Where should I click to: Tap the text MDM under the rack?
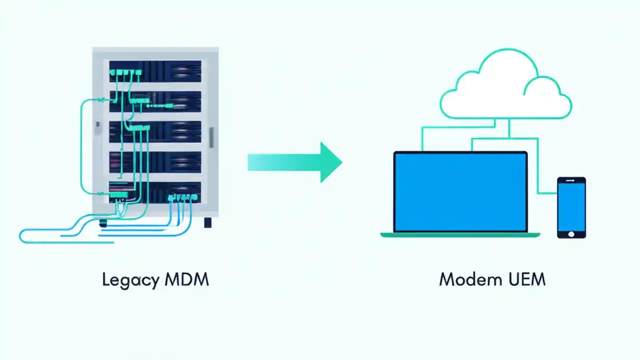pos(186,279)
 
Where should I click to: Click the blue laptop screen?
pos(460,192)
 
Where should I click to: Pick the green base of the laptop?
pos(460,234)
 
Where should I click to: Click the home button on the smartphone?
pos(571,233)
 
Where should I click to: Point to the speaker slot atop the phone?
pos(571,179)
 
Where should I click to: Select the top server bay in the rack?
pos(155,71)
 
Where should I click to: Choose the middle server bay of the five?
pos(155,132)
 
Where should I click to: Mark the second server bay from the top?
pos(155,101)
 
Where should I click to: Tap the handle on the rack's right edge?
pos(211,137)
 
